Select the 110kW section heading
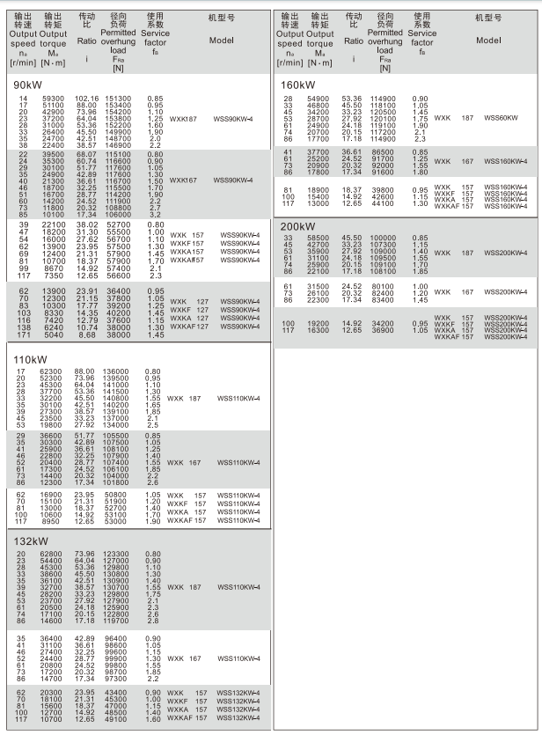[31, 360]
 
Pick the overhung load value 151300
[119, 99]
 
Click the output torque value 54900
[319, 99]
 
